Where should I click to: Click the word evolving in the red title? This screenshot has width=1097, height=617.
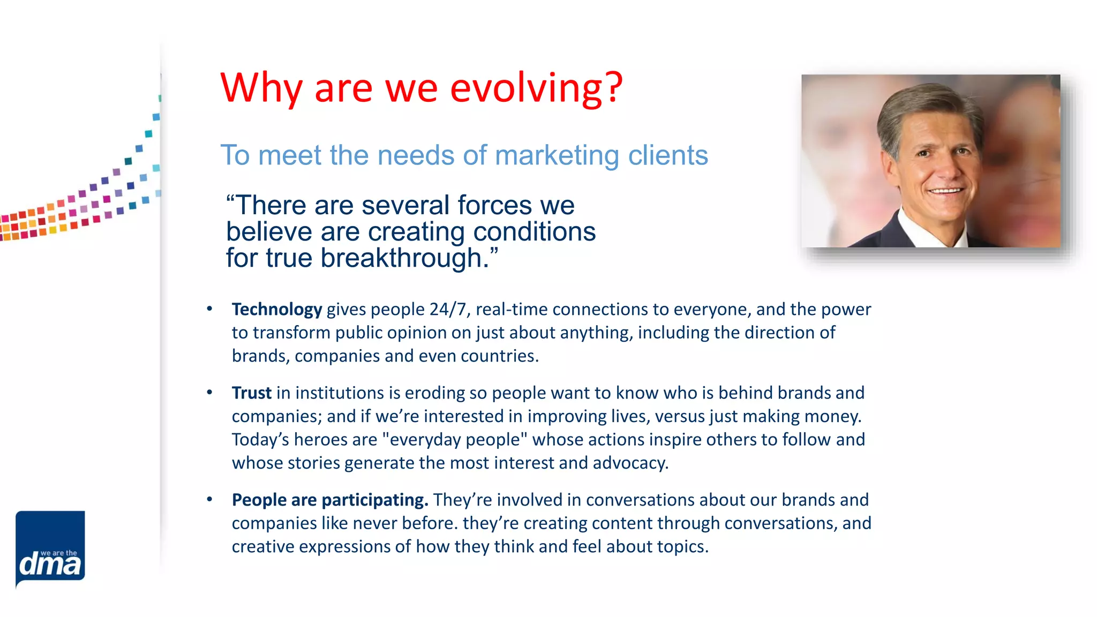pyautogui.click(x=525, y=88)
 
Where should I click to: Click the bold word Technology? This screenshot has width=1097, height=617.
pyautogui.click(x=276, y=310)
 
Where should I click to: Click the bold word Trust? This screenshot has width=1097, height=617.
pyautogui.click(x=251, y=393)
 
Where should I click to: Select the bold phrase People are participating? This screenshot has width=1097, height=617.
pyautogui.click(x=329, y=500)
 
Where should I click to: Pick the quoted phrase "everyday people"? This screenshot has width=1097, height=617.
pyautogui.click(x=455, y=440)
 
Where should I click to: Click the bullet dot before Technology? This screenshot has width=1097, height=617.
pyautogui.click(x=209, y=309)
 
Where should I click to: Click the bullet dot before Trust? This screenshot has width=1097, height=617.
pyautogui.click(x=209, y=393)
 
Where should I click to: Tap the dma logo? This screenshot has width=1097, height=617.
pyautogui.click(x=50, y=549)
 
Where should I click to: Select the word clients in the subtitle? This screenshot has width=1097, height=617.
pyautogui.click(x=668, y=155)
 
